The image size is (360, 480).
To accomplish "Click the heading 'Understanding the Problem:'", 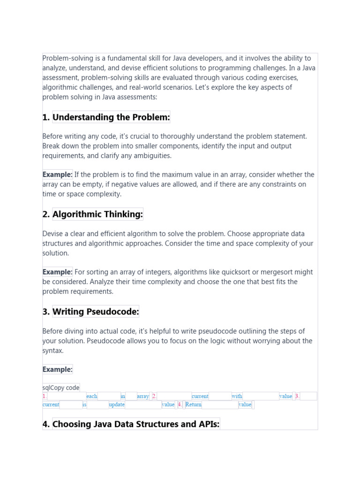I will pos(111,117).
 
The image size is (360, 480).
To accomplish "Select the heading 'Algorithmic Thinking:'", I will pos(97,214).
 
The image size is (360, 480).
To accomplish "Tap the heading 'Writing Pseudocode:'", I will pos(96,312).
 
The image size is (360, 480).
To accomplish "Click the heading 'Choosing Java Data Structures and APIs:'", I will pos(136,424).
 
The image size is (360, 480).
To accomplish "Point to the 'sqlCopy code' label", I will pos(61,387).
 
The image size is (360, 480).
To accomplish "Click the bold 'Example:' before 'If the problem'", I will pos(57,174).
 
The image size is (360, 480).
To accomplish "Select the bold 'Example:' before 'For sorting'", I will pos(57,272).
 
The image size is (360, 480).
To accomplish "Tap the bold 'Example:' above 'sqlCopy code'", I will pos(57,369).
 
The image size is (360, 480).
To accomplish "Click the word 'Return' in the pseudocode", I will pos(193,405).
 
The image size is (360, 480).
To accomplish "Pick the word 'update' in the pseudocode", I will pos(117,405).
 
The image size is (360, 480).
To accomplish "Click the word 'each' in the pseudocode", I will pos(92,396).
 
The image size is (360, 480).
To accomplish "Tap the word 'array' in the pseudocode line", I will pos(143,396).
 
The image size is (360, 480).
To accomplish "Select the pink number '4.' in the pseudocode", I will pos(180,405).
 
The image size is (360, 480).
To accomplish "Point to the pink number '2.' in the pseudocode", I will pos(154,396).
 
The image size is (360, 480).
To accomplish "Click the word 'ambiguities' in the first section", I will pos(152,156).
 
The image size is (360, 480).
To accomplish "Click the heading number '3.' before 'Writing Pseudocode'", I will pos(46,312).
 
